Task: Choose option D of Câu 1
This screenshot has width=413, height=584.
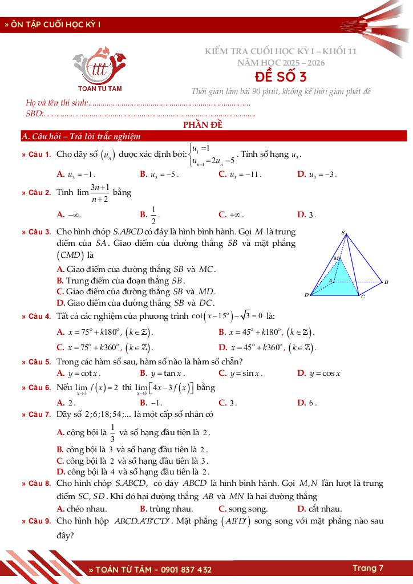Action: (317, 175)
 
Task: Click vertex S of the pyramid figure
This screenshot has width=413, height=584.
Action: (343, 233)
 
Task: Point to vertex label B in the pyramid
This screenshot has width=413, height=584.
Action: (386, 282)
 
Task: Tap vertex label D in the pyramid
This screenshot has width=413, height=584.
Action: (306, 295)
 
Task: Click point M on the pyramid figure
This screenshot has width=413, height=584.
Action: (337, 259)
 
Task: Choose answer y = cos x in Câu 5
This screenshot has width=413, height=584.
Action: (319, 374)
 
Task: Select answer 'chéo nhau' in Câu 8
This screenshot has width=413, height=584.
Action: (83, 509)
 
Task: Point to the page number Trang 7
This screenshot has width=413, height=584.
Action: (368, 568)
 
